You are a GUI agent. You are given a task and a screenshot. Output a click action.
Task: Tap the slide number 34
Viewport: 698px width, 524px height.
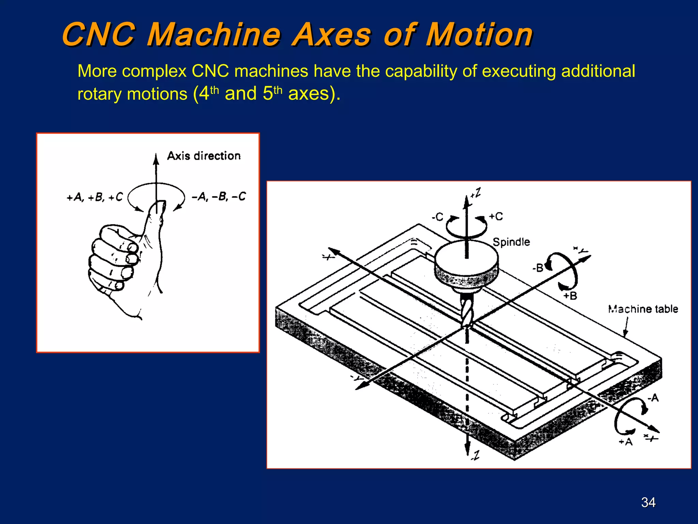click(648, 502)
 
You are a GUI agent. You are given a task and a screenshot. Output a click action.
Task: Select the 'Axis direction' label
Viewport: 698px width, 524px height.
click(204, 156)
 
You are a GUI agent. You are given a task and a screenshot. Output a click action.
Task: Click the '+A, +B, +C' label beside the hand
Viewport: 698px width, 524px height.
click(94, 197)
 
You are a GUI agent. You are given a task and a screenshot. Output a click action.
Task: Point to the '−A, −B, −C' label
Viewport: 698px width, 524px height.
click(218, 196)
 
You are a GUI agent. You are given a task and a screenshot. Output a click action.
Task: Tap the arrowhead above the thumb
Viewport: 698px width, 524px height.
click(156, 159)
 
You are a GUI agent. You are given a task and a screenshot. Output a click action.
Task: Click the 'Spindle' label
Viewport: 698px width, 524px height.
click(511, 242)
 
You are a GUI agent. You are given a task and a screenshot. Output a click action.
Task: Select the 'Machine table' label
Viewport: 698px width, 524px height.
click(643, 309)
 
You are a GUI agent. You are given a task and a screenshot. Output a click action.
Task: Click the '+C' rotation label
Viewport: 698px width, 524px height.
click(496, 216)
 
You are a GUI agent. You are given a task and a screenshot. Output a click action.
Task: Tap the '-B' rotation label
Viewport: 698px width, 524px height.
click(538, 268)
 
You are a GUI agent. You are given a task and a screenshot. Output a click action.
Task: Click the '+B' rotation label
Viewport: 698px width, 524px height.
click(570, 295)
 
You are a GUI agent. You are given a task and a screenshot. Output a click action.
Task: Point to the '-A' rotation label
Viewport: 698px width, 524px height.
click(653, 398)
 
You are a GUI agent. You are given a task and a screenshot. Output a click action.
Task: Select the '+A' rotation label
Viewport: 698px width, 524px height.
click(626, 442)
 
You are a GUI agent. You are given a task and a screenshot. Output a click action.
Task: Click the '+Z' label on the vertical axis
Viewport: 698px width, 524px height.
click(476, 193)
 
